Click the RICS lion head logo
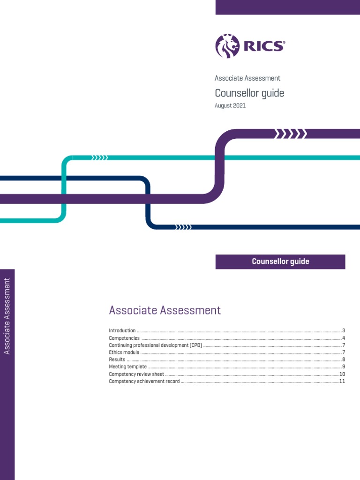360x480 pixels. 227,46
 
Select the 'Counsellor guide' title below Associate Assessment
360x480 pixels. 249,93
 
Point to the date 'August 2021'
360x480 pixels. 230,106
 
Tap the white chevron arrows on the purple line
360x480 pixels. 291,135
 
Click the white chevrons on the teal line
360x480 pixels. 100,158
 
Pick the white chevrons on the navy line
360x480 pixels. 183,227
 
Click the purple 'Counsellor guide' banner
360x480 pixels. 280,262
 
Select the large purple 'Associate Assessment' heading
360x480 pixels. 165,310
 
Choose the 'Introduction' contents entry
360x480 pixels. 122,331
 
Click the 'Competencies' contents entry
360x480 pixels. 124,338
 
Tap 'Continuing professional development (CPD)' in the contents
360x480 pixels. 156,345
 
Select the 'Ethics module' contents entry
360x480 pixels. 124,352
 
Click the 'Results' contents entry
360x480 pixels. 117,360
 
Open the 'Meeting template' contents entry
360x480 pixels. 128,367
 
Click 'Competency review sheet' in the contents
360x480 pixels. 136,374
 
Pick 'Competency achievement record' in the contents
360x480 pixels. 144,382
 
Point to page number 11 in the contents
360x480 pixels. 342,382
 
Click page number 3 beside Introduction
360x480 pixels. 344,331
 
